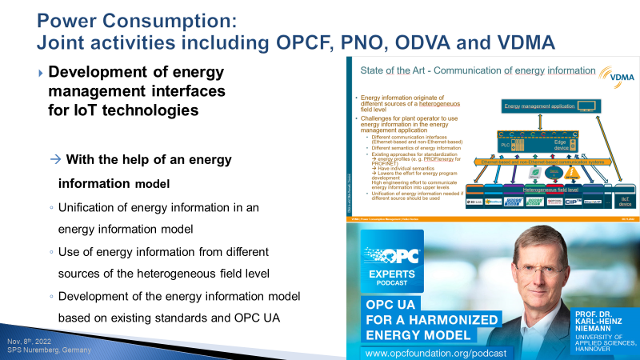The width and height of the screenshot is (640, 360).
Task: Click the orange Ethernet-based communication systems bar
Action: pyautogui.click(x=544, y=162)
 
